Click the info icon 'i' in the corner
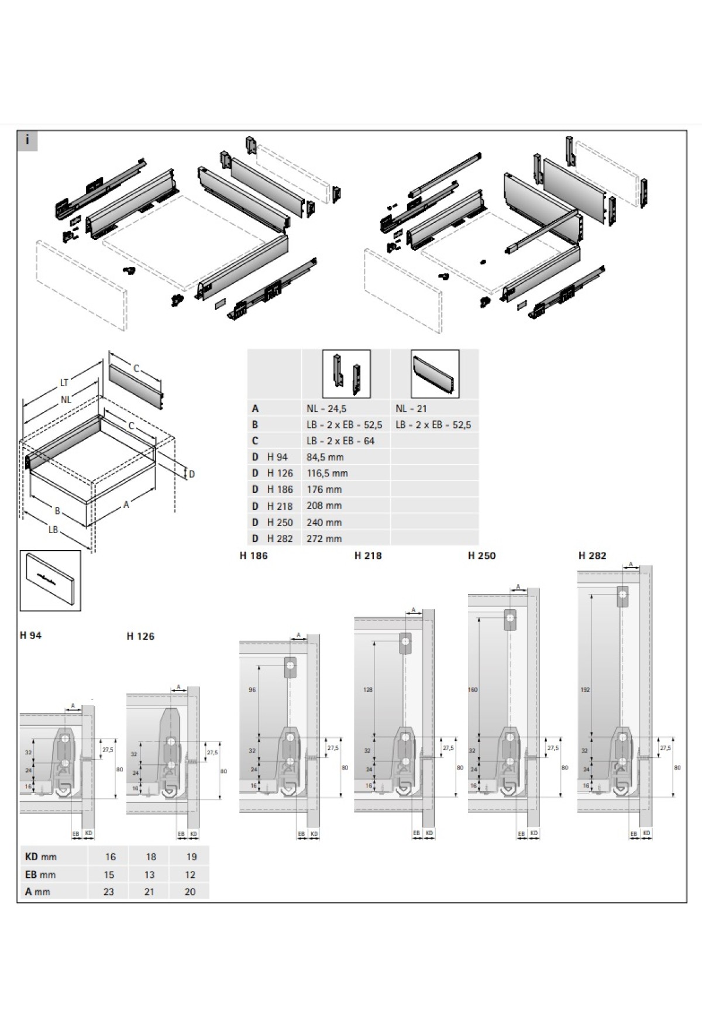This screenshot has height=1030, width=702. point(27,141)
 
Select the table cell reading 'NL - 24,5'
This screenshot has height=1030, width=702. point(326,408)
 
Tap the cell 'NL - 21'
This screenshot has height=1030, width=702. point(411,408)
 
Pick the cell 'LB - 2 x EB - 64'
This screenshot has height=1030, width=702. point(340,441)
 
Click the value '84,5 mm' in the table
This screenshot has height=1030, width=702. point(325,457)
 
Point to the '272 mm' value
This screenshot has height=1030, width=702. point(324,538)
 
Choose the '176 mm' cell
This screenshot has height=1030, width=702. point(324,489)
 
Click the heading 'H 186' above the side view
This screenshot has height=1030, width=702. point(253,555)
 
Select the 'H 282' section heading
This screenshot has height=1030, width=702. point(592,555)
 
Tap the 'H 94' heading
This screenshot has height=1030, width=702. point(30,635)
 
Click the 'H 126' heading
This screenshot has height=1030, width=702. point(140,636)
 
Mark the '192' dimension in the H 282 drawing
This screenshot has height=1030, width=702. point(586,689)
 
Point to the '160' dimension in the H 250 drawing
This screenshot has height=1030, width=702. point(473,689)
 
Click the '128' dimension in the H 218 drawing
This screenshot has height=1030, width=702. point(367,689)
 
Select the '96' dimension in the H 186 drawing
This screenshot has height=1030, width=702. point(252,689)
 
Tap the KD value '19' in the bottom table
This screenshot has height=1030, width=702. point(191,857)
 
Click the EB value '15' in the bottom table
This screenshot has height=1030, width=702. point(110,874)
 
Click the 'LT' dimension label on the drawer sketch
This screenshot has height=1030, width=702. point(64,383)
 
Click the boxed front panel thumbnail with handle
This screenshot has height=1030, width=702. point(50,580)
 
